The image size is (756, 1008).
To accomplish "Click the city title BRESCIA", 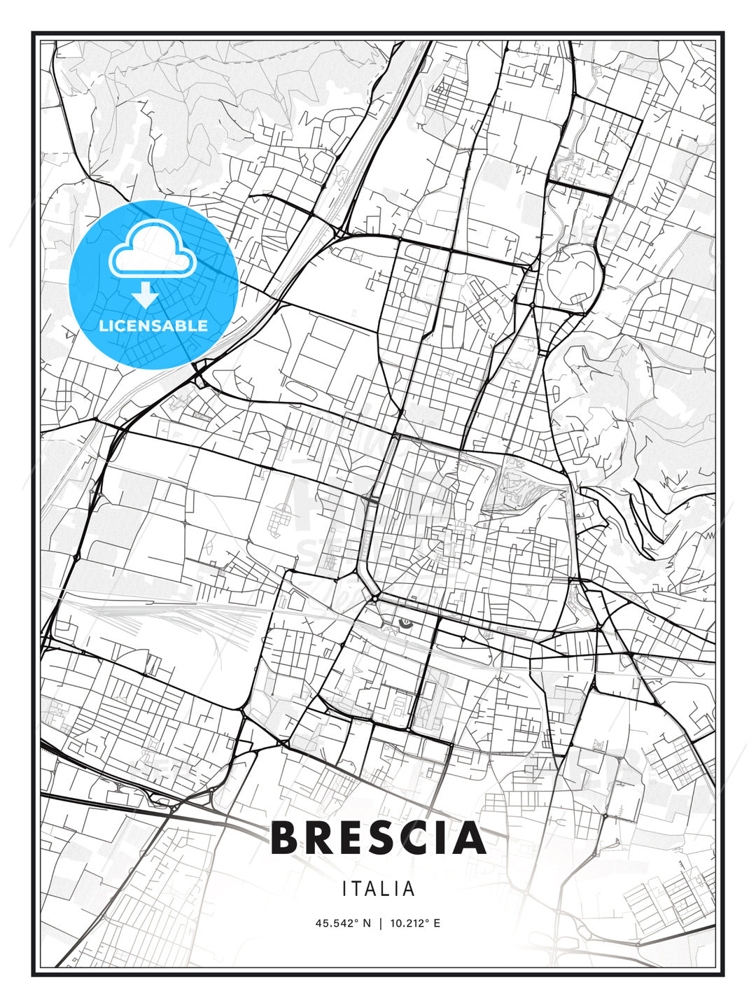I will pos(378,838).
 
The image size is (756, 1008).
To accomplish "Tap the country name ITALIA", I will pos(379,889).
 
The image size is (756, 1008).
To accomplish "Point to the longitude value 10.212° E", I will pos(413,923).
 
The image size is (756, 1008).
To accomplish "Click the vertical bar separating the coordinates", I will pos(379,923).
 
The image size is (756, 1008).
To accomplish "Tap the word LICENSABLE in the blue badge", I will pos(153,325).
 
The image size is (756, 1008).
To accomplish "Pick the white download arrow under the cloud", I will pos(146,295).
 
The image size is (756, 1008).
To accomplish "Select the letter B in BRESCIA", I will pos(288,838).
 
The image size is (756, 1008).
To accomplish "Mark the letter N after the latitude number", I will pos(367,923).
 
